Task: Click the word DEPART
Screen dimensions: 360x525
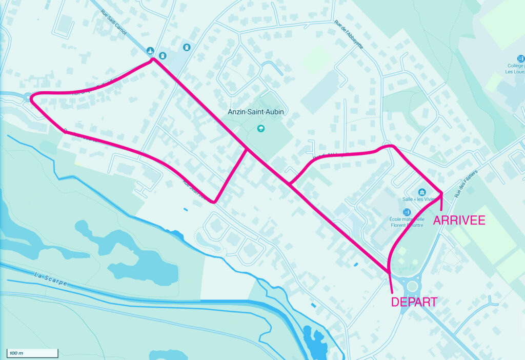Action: pyautogui.click(x=414, y=302)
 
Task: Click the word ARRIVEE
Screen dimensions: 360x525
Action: pyautogui.click(x=459, y=221)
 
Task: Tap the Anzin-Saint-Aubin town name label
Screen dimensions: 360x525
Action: pyautogui.click(x=256, y=111)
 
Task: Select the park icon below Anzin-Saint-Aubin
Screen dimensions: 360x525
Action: pyautogui.click(x=261, y=128)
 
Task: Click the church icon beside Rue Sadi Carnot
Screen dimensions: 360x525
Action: pyautogui.click(x=150, y=50)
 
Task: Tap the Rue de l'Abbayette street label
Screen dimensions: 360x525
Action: pyautogui.click(x=349, y=34)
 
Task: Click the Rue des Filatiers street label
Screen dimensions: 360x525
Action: pyautogui.click(x=466, y=184)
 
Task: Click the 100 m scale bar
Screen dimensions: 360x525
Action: pyautogui.click(x=32, y=353)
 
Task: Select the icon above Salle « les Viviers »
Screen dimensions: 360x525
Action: pyautogui.click(x=421, y=191)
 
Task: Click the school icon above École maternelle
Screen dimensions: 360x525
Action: pyautogui.click(x=407, y=212)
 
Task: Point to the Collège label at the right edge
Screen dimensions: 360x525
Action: pyautogui.click(x=516, y=66)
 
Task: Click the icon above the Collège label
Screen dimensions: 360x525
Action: pyautogui.click(x=521, y=58)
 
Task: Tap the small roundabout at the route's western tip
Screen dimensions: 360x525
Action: pyautogui.click(x=26, y=96)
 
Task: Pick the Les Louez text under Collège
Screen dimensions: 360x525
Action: pyautogui.click(x=515, y=72)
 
